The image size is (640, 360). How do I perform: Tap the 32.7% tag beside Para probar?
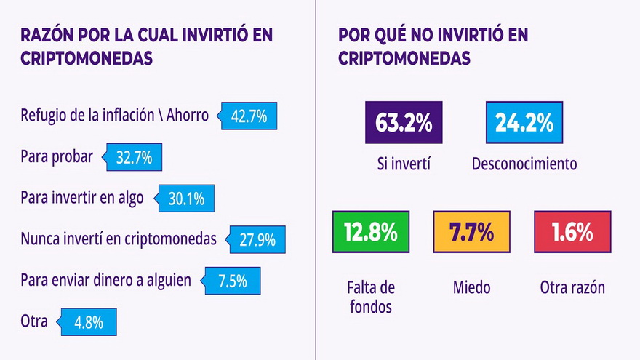coord(135,157)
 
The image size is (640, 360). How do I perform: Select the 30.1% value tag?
coord(186,199)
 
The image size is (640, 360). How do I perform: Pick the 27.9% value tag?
coord(257,239)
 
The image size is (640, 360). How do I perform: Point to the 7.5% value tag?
coord(231,281)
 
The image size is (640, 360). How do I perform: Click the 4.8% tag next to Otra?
coord(87,321)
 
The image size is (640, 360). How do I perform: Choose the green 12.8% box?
coord(370,232)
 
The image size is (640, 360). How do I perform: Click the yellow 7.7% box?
coord(471,232)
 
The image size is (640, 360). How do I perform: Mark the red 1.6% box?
coord(572,232)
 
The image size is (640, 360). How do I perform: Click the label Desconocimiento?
coord(524,164)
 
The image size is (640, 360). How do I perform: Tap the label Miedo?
coord(471,288)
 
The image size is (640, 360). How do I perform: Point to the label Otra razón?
coord(572,288)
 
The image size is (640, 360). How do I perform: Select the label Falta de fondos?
coord(370,297)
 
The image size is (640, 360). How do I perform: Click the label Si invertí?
coord(403,164)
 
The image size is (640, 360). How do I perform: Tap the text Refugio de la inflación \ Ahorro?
coord(114,116)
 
